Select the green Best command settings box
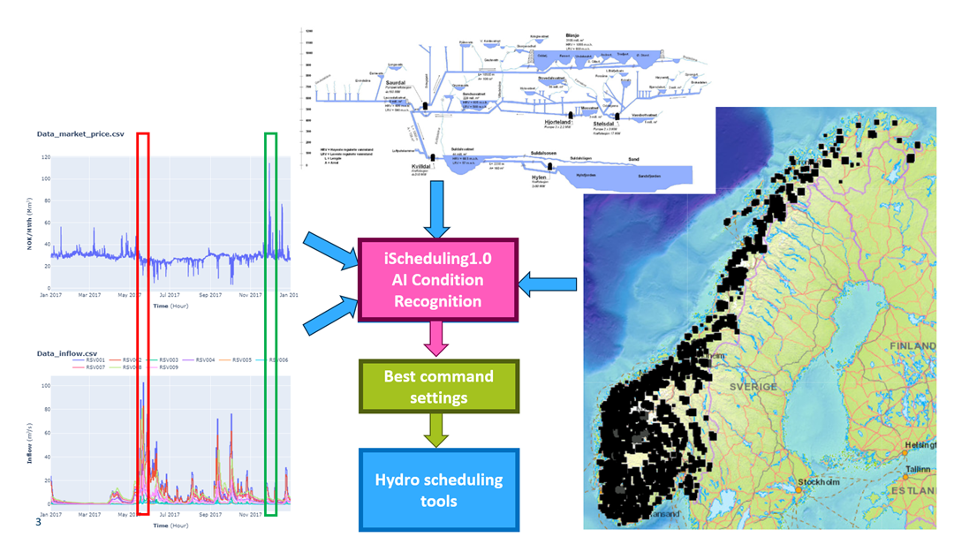point(438,386)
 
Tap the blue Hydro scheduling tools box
point(438,490)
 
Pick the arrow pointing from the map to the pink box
point(549,284)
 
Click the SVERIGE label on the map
point(753,387)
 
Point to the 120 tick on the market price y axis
point(44,157)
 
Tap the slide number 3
point(38,523)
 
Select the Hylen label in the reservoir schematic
point(539,178)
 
